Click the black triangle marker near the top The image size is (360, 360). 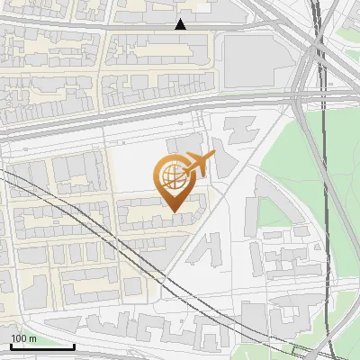(181, 24)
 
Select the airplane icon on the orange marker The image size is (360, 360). (199, 165)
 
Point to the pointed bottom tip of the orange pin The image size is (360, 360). (173, 212)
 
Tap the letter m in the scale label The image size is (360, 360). (34, 338)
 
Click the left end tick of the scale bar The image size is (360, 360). (11, 345)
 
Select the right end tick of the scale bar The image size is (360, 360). (74, 345)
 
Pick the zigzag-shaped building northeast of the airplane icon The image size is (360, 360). (241, 130)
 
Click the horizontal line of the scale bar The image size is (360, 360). (42, 346)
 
